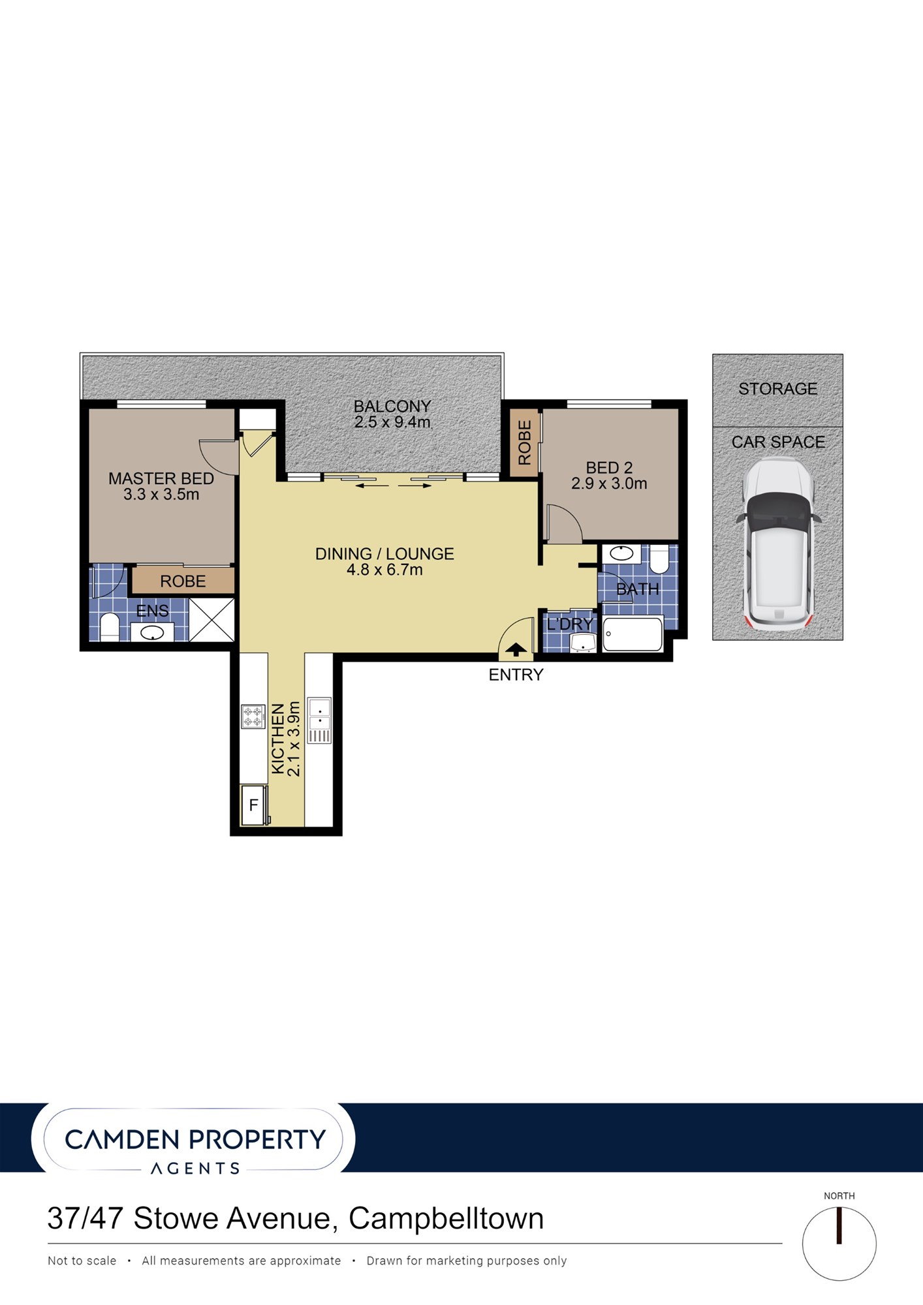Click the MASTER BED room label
161,478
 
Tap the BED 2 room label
609,468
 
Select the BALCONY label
392,406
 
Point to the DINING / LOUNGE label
384,553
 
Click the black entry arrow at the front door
516,649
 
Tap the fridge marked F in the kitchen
254,805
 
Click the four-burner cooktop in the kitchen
253,716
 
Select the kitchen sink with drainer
320,720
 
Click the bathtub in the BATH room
633,633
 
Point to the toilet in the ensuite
109,627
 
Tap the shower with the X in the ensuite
211,619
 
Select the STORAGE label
777,389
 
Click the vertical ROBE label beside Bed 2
525,442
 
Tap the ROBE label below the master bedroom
183,581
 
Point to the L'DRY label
569,624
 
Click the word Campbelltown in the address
446,1218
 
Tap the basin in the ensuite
152,632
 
